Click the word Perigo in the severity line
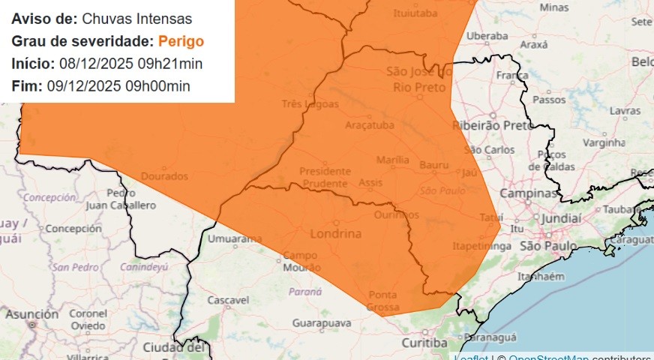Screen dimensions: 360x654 tap(181, 41)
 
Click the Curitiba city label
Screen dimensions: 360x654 tap(424, 343)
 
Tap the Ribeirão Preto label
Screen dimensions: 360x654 tap(492, 125)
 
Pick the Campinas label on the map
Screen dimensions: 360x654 tap(529, 193)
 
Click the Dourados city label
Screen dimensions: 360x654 tap(164, 176)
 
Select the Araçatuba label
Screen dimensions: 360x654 tap(369, 125)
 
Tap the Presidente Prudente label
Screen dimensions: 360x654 tap(324, 177)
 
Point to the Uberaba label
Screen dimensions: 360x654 tap(487, 35)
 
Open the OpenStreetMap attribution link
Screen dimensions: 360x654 tap(547, 357)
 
